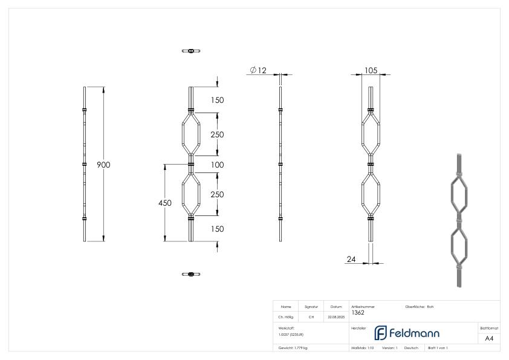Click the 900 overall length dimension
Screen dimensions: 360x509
[103, 165]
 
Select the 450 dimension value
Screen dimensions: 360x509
[164, 203]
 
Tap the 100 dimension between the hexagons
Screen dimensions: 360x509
[217, 165]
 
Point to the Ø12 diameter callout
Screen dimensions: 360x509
[258, 71]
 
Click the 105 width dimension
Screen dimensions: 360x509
[371, 71]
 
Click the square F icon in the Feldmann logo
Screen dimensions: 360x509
[381, 333]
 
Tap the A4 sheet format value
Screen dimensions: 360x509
[489, 339]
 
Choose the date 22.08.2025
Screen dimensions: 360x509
[336, 317]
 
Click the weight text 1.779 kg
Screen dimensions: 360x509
[293, 349]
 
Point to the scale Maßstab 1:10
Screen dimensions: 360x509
[363, 349]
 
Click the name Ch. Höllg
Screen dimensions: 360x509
[286, 317]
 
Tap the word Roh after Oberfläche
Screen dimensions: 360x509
[430, 307]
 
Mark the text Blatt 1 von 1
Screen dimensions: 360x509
[438, 349]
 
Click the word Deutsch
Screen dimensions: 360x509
[412, 349]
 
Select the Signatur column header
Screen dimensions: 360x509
[311, 307]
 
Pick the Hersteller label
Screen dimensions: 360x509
[358, 327]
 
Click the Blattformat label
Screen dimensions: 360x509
[489, 327]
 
